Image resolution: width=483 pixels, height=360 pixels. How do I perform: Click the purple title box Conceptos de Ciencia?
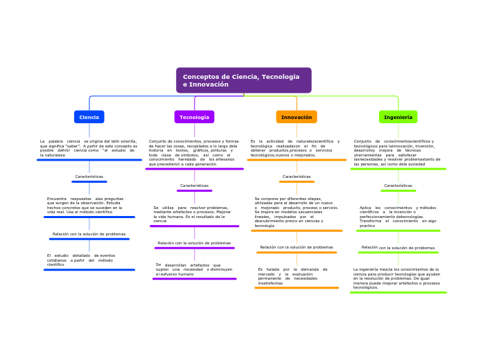click(243, 80)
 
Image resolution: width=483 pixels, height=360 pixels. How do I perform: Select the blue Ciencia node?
click(89, 117)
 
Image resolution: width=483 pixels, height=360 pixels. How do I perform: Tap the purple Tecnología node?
click(194, 117)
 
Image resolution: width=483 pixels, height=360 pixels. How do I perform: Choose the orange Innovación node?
click(296, 117)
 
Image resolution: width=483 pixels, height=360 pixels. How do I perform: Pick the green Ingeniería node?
click(398, 117)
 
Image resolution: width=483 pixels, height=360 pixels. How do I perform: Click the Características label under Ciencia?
click(89, 177)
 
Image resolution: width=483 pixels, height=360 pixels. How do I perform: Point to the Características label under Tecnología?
click(194, 186)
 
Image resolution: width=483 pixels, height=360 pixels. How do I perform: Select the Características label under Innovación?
click(296, 177)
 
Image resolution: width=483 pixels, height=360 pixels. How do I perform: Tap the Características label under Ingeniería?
click(398, 186)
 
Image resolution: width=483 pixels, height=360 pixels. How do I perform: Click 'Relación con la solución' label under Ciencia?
click(89, 234)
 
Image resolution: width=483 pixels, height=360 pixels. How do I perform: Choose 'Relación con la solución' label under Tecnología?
click(194, 243)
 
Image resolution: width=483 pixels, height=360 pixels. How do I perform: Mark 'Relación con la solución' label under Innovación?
click(296, 247)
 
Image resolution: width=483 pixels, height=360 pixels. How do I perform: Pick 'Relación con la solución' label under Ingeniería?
click(398, 247)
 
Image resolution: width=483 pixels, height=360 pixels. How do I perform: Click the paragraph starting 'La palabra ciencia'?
click(89, 148)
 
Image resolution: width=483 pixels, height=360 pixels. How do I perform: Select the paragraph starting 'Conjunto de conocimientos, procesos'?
click(194, 152)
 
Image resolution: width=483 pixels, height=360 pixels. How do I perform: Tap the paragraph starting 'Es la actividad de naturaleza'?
click(296, 148)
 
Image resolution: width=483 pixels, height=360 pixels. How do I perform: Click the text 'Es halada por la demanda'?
click(292, 276)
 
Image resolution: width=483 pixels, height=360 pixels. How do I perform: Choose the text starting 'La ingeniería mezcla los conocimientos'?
click(396, 278)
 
